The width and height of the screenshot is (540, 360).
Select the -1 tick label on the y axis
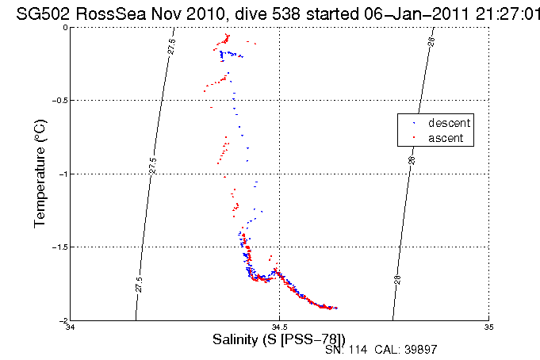coord(63,174)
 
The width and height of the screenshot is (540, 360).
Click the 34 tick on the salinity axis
coord(71,327)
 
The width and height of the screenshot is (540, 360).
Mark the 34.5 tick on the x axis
coord(279,327)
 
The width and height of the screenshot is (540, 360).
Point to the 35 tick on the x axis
coord(488,327)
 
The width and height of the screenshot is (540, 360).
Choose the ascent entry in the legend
coord(447,138)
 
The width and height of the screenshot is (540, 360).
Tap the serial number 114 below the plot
coord(360,349)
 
